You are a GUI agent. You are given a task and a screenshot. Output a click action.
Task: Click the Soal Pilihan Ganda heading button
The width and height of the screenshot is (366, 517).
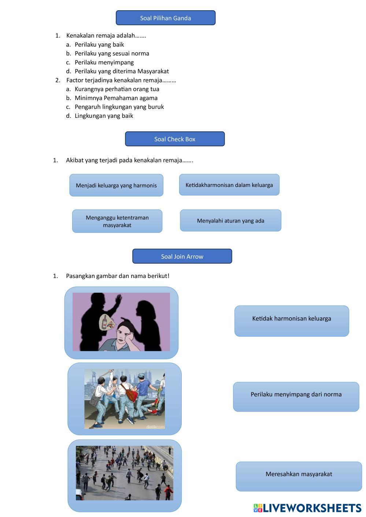click(x=165, y=18)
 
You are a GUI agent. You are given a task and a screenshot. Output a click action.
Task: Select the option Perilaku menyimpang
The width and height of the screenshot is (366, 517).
click(x=104, y=62)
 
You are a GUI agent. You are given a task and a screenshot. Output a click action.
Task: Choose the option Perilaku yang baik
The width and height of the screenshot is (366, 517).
click(x=99, y=45)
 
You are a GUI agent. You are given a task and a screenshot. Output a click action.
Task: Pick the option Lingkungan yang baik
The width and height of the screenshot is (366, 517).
click(x=104, y=116)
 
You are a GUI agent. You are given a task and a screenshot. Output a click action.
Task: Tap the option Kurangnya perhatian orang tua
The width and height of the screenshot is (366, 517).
click(x=117, y=89)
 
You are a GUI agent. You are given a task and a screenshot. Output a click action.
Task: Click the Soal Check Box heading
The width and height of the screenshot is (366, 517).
click(x=175, y=139)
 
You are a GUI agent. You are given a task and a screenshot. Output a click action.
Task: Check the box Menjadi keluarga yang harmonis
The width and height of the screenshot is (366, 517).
click(x=116, y=185)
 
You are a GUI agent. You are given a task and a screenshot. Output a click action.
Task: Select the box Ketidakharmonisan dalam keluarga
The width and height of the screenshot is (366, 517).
click(x=229, y=185)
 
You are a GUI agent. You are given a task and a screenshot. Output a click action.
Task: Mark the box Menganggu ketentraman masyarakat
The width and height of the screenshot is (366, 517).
click(x=117, y=221)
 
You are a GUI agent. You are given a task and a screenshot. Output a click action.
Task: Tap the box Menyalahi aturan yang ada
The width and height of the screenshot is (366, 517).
click(x=230, y=221)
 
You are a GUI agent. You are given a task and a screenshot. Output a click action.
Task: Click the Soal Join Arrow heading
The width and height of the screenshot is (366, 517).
click(x=182, y=256)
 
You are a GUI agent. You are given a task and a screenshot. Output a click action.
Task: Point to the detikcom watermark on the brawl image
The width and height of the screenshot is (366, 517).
click(x=155, y=426)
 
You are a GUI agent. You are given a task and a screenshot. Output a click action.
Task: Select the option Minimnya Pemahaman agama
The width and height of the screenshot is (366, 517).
click(x=116, y=98)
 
